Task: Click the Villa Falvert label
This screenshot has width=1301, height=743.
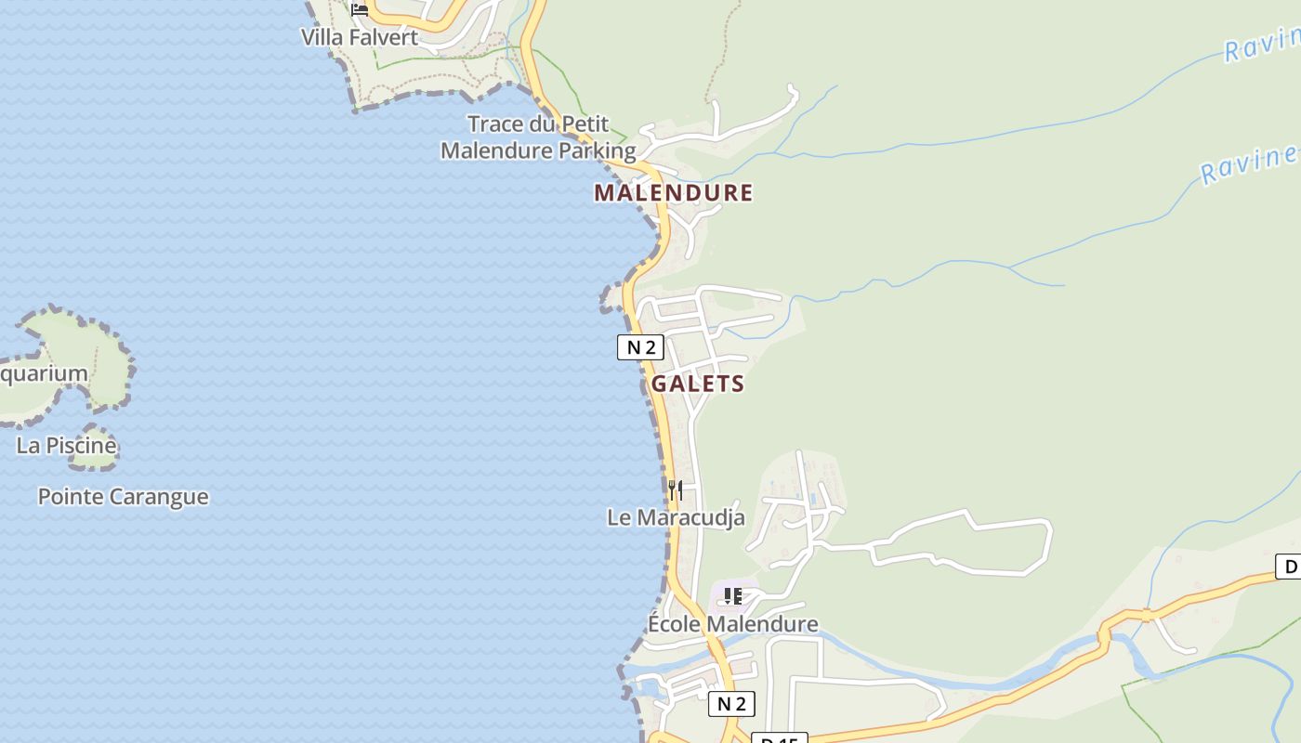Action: point(360,38)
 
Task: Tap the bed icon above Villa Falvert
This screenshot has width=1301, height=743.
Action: point(360,9)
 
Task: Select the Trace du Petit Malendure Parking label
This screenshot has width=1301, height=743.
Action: point(538,137)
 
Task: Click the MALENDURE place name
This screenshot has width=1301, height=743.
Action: point(673,193)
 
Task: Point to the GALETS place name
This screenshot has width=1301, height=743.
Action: point(698,384)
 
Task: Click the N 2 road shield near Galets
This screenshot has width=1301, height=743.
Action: point(640,347)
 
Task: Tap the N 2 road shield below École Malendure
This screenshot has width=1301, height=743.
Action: point(731,703)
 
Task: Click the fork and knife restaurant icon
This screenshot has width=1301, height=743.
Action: point(676,489)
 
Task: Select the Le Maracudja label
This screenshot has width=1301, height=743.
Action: point(676,517)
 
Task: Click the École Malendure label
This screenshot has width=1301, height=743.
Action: point(732,624)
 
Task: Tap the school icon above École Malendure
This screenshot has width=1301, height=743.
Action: point(733,595)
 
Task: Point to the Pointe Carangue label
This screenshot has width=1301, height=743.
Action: point(123,497)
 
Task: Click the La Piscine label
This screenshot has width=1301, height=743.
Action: point(67,446)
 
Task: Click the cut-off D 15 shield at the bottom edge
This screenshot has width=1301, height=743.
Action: point(779,738)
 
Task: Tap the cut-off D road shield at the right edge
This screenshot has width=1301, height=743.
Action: point(1288,566)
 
